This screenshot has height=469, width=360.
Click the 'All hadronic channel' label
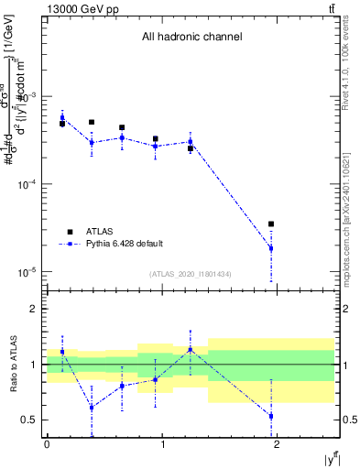191,38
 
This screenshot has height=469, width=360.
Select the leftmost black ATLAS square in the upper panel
62,124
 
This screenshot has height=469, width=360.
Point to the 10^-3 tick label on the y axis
30,96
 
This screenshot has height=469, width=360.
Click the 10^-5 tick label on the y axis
30,272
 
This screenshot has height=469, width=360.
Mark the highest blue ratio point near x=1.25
191,349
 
